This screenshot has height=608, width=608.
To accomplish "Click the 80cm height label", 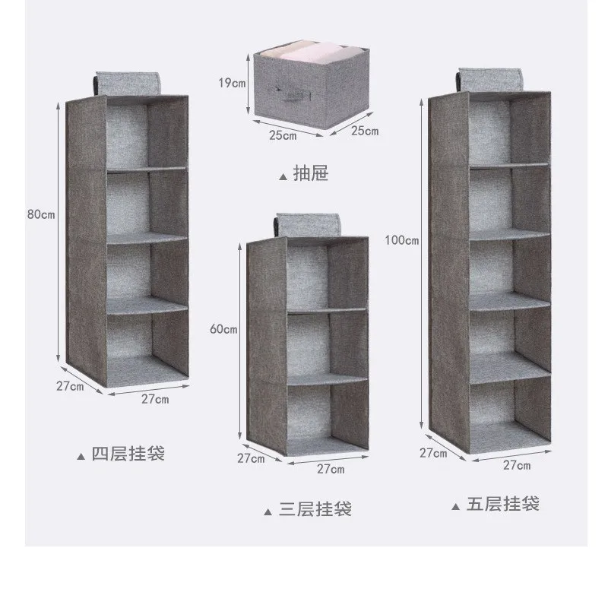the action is (x=40, y=214).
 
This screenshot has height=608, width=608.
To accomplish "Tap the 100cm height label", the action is (x=402, y=241).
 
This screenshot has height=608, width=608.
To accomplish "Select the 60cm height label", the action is (x=225, y=330).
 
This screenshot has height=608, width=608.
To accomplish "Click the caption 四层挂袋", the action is (x=128, y=454).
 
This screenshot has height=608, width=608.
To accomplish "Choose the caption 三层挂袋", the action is (x=315, y=509).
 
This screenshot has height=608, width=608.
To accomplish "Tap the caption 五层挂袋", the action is (x=502, y=503).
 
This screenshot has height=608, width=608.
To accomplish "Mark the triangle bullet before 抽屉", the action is (x=283, y=177).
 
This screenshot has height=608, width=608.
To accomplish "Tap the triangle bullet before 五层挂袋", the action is (x=454, y=505).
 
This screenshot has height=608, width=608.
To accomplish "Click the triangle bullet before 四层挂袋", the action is (x=81, y=457).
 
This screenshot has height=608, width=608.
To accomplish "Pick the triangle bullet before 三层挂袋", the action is (x=268, y=512).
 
